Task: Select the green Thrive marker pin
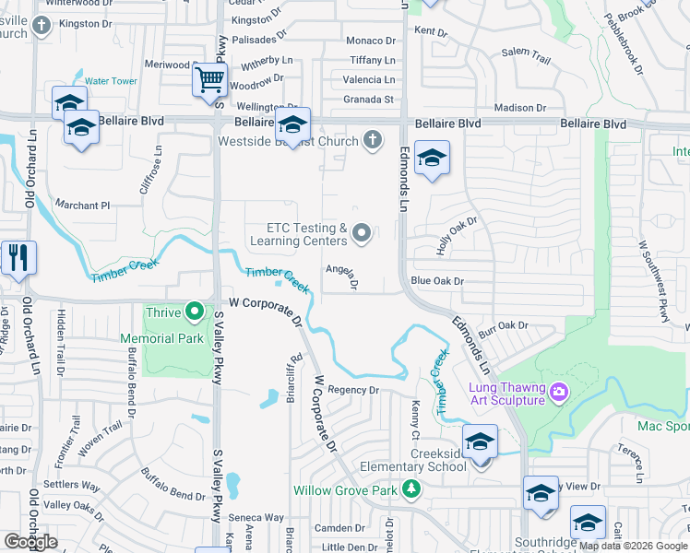tap(194, 312)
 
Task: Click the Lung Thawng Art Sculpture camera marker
tap(557, 394)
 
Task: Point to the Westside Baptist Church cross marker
tap(372, 141)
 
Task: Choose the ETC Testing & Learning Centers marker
tap(362, 234)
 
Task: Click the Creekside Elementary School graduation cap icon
tap(480, 442)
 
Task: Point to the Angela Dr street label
tap(340, 275)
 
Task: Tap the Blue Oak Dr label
tap(436, 280)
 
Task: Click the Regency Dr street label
tap(353, 390)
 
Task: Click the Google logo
tap(30, 541)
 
